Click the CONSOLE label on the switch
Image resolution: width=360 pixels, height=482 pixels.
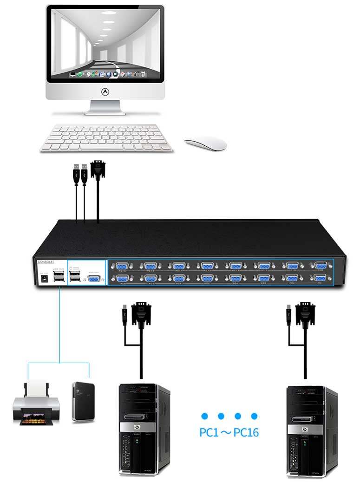pos(46,262)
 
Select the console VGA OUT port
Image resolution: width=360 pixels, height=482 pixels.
pos(94,279)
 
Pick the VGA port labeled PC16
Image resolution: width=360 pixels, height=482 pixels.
pos(122,266)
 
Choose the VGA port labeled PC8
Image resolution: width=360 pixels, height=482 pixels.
pos(122,279)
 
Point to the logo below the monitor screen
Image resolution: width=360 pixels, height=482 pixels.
pos(105,92)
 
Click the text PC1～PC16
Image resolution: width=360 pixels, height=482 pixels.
pos(229,433)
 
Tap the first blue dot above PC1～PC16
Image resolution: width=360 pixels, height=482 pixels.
pos(204,416)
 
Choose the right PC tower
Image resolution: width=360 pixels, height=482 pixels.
pos(312,430)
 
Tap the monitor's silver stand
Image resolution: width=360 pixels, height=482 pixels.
pos(105,107)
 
